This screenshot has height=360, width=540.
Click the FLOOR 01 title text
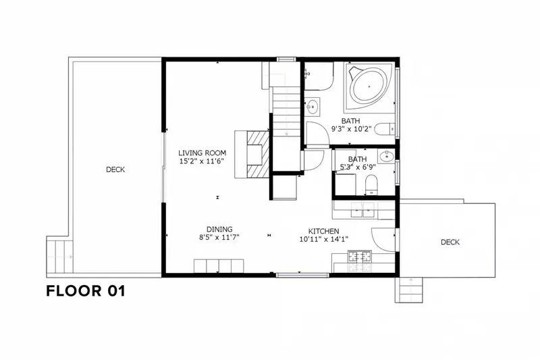coord(86,290)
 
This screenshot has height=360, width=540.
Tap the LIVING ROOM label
coord(202,153)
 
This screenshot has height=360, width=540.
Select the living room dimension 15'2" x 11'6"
coord(202,161)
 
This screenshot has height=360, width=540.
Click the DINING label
coord(219,229)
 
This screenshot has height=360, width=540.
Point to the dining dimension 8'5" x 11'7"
coord(219,237)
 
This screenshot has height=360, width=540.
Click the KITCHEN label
coord(323,231)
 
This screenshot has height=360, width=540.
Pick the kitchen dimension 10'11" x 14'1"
coord(324,239)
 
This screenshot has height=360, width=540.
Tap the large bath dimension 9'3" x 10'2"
coord(351,129)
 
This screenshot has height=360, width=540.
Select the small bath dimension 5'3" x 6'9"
coord(358,167)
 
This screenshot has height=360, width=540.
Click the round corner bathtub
coord(369,86)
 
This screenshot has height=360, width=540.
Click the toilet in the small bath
coord(371,185)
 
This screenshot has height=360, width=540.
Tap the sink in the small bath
coord(386,157)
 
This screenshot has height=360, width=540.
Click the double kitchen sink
coord(362,210)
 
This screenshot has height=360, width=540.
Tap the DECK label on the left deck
coord(115,170)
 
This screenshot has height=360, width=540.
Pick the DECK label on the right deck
coord(450,242)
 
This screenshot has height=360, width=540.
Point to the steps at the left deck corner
coord(59,256)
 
